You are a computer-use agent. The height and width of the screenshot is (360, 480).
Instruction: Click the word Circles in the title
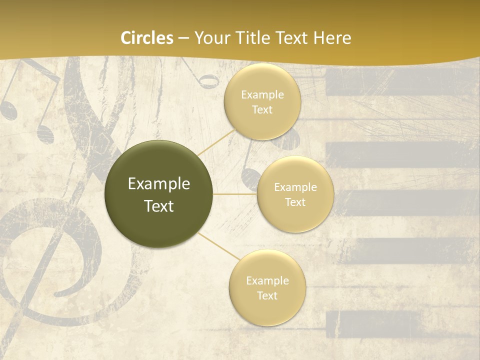pos(147,38)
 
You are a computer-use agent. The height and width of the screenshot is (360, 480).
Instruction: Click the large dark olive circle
pos(159,194)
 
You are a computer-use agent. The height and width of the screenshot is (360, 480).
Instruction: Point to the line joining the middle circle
pos(235,193)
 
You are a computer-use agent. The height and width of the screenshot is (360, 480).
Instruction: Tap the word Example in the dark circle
pos(159,184)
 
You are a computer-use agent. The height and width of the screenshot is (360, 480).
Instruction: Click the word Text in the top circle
pos(262,110)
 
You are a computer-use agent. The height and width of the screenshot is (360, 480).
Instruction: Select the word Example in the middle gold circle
pos(295,187)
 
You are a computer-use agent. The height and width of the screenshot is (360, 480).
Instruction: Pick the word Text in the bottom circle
pos(267,295)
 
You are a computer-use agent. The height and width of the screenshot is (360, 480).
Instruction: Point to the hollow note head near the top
pos(208,81)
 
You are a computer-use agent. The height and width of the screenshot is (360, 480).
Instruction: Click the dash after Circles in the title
pos(183,38)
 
